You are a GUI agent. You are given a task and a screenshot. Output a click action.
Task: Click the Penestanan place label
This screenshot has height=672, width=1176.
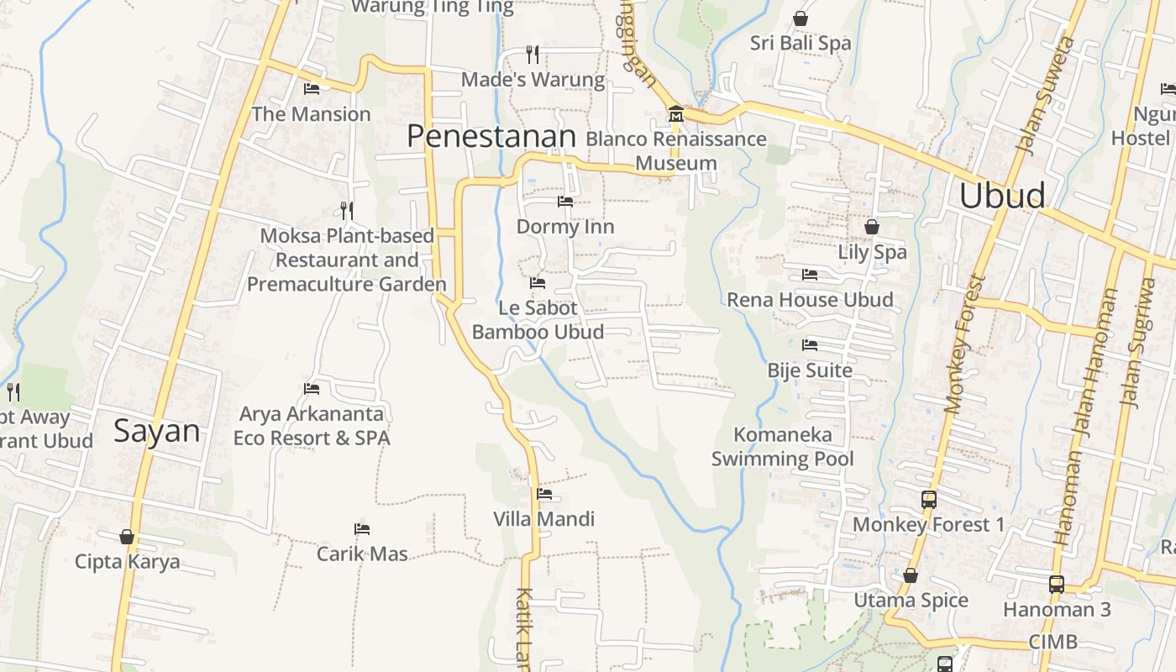coord(491,136)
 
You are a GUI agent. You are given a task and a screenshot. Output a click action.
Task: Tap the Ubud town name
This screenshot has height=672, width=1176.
coord(1002,196)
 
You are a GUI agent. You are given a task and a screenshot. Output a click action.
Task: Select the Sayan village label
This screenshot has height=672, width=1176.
coord(157,432)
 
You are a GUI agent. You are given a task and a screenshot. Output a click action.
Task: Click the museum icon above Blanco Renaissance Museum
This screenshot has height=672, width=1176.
coord(675,113)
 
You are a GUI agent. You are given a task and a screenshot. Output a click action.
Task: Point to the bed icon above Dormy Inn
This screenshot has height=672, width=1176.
coord(565,202)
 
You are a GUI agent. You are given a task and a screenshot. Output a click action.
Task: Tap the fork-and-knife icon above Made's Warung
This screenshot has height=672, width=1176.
coord(532,55)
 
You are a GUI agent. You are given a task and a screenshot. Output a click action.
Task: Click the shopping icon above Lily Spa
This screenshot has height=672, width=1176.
coord(872,227)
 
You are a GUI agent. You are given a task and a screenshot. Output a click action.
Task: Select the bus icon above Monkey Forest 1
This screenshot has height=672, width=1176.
coord(928,499)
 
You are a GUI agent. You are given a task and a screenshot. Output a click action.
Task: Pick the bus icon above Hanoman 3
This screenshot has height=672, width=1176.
coord(1057,584)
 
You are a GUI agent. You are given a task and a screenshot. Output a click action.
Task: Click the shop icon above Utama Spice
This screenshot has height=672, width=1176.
coord(911,575)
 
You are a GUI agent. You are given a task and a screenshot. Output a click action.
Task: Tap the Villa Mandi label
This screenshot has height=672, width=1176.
coord(543,519)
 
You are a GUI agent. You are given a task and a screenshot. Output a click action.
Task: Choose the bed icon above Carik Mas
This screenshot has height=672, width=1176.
coord(362,529)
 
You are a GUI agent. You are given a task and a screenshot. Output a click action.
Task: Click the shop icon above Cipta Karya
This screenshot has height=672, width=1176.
coord(127,536)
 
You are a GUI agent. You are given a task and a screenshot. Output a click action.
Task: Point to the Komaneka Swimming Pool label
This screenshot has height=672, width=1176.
coord(783,447)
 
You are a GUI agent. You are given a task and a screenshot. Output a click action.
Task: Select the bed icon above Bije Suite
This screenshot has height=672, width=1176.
coord(810,345)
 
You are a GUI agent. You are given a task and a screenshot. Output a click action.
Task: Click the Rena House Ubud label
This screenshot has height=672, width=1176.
coord(810,300)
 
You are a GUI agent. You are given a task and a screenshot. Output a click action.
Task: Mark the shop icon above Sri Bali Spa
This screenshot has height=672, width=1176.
coord(801,18)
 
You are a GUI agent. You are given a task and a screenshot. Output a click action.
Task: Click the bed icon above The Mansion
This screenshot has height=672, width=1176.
coord(312,88)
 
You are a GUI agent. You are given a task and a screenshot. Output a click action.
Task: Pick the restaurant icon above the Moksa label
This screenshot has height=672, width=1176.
coord(346,210)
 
